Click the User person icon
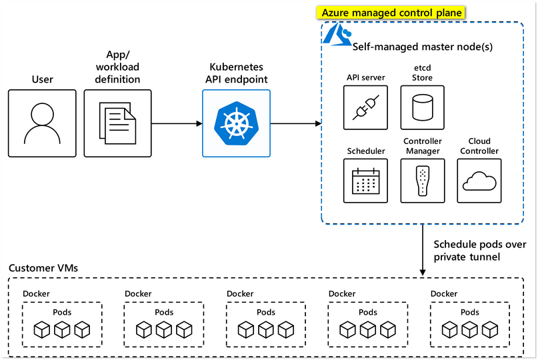coord(42,123)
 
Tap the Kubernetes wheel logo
coord(236,123)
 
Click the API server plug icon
coord(365,107)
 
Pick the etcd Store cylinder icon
coord(422,107)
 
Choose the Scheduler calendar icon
coord(365,181)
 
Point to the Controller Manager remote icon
coord(422,181)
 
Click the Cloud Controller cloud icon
coord(479,181)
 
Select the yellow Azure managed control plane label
coord(392,13)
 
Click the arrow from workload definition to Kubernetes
coord(177,123)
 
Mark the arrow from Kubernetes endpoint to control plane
coord(295,123)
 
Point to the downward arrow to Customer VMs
coord(423,250)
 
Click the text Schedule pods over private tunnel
coord(479,250)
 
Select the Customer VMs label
coord(43,268)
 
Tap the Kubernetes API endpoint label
coord(236,73)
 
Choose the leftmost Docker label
coord(36,293)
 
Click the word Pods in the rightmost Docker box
coord(470,312)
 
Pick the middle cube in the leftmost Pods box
coord(63,329)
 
